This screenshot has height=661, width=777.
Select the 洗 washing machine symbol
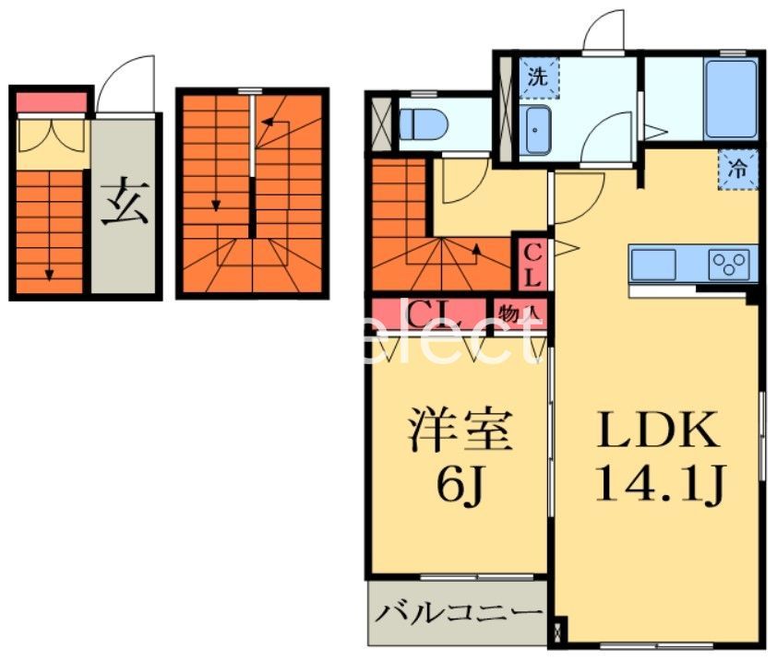coord(536,77)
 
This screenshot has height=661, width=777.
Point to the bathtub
coord(731,99)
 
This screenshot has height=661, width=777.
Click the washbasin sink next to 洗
coord(535,130)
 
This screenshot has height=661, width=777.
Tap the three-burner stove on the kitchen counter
coord(731,265)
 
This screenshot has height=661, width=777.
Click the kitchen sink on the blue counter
coord(652,264)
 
